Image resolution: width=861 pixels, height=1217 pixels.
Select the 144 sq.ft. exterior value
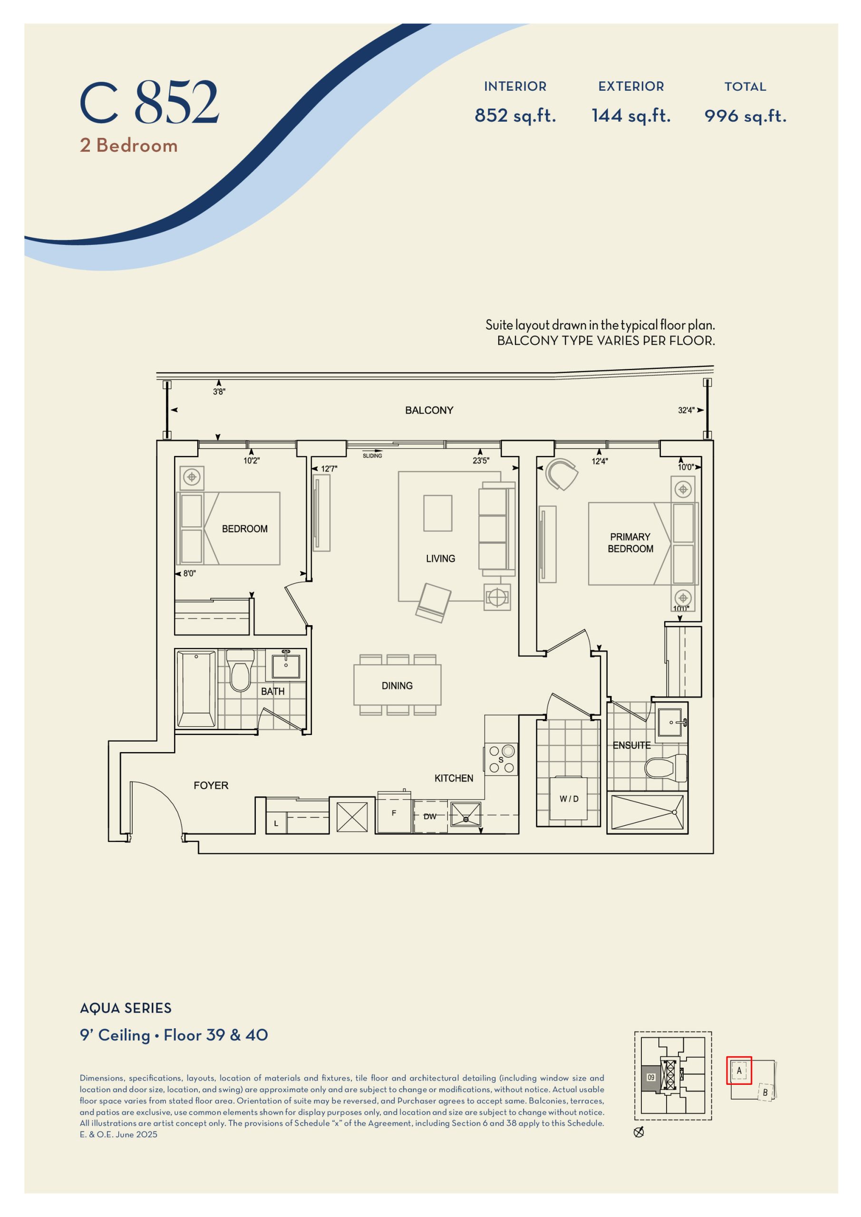(631, 115)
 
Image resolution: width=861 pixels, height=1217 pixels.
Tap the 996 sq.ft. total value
(745, 116)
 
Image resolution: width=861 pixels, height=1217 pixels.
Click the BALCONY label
(429, 410)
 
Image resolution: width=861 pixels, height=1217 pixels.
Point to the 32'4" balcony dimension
(686, 410)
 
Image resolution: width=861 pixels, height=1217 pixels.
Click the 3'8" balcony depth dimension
(219, 392)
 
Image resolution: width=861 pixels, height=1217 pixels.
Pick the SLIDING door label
(372, 456)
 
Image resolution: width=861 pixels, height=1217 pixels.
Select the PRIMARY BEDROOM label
(630, 542)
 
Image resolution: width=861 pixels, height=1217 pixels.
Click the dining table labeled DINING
(397, 686)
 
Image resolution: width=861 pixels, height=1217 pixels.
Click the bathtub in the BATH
(196, 689)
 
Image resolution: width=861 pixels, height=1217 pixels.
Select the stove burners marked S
(501, 759)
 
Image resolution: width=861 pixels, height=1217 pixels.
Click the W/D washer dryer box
(569, 798)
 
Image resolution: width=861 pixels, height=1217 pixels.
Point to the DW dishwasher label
(429, 816)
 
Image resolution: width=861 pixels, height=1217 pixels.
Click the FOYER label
(211, 785)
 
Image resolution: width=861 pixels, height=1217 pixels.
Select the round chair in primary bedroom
(561, 474)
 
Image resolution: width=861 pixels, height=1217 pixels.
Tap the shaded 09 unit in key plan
(650, 1078)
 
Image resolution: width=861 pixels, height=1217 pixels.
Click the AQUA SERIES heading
(126, 1008)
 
